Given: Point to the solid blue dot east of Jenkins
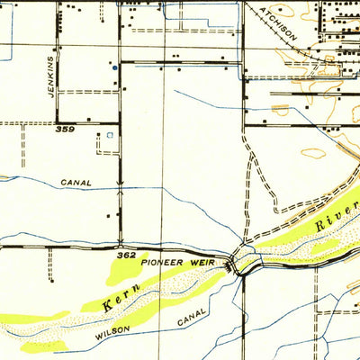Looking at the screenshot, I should click(x=114, y=66).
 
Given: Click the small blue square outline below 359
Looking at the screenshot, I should click(x=110, y=136).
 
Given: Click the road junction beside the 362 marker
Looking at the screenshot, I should click(x=120, y=245).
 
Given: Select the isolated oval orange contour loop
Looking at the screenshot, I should click(x=314, y=153).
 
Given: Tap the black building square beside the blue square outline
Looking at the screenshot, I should click(x=101, y=137).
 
